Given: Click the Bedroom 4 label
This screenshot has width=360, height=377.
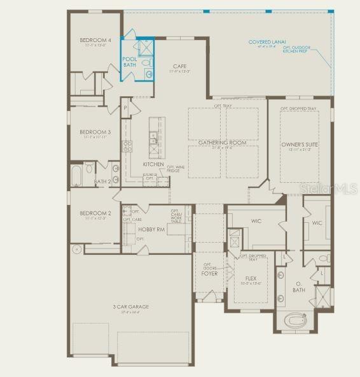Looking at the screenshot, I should pyautogui.click(x=95, y=41).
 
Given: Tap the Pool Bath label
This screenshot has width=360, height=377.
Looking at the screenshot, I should pyautogui.click(x=129, y=62).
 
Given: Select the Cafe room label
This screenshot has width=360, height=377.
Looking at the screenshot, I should pyautogui.click(x=179, y=66).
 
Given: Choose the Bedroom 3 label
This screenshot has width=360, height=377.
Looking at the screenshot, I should pyautogui.click(x=95, y=132).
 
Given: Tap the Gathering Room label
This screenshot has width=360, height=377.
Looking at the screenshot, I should pyautogui.click(x=222, y=143).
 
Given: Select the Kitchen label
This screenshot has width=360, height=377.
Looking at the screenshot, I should pyautogui.click(x=153, y=164).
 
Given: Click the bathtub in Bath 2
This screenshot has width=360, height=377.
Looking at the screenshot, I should pyautogui.click(x=75, y=174).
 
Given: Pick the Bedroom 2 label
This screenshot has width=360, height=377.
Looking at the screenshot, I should pyautogui.click(x=95, y=213).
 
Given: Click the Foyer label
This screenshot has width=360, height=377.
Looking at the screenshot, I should pyautogui.click(x=210, y=273).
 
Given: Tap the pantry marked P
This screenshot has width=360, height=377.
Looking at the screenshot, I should pyautogui.click(x=125, y=108).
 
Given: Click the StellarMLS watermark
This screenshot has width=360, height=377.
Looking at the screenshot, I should pyautogui.click(x=329, y=189).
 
